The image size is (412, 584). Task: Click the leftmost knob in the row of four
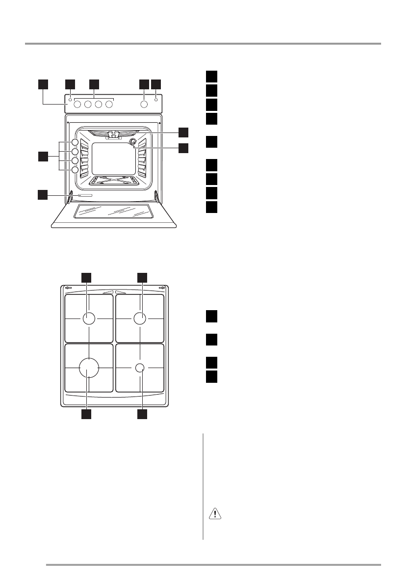coord(77,104)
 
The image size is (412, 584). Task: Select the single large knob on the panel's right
coord(144,104)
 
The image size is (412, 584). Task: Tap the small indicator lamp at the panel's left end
coord(70,100)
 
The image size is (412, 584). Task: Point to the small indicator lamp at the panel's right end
coord(156,100)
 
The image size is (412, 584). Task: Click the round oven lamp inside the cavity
coord(132,142)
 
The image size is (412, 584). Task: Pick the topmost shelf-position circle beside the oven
coord(75,142)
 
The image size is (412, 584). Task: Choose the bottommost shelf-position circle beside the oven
coord(75,170)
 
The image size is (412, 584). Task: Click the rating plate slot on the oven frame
coord(84,195)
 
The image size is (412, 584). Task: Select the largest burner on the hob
coord(88,367)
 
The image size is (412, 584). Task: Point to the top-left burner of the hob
coord(88,319)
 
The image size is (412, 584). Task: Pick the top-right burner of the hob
coord(140,319)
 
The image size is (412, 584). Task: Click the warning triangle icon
coord(215,514)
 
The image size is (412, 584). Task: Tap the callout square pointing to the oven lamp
coord(183,147)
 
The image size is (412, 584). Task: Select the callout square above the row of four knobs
coord(94,84)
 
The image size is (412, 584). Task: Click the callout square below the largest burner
coord(86,414)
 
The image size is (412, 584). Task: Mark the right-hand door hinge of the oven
coord(156,196)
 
